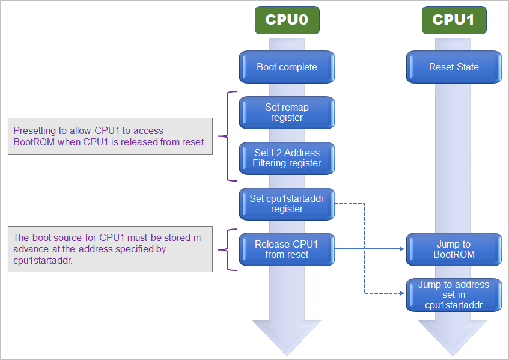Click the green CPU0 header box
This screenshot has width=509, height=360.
(287, 20)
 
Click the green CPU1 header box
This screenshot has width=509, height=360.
(454, 20)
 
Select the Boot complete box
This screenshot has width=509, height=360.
(287, 67)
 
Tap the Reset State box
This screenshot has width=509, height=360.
(454, 67)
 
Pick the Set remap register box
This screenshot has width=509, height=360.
(287, 112)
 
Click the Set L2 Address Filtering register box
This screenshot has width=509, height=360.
(287, 158)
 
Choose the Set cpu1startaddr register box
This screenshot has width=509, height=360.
(287, 204)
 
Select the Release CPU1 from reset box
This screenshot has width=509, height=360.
(287, 249)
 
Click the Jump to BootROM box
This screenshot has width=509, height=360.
(454, 249)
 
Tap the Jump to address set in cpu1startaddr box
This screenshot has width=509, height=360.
(454, 294)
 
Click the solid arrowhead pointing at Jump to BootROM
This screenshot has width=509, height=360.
(403, 249)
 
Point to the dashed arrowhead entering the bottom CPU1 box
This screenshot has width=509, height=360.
(403, 293)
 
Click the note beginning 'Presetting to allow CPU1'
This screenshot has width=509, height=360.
(110, 136)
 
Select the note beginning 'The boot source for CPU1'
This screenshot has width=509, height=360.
(110, 249)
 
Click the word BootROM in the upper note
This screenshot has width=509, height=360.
(34, 142)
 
